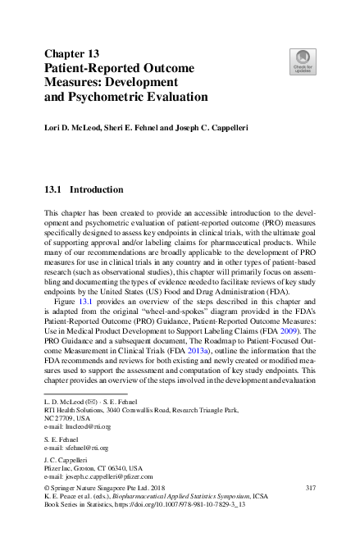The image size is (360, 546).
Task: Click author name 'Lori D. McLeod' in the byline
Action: point(74,130)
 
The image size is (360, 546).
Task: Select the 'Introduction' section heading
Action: point(96,189)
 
